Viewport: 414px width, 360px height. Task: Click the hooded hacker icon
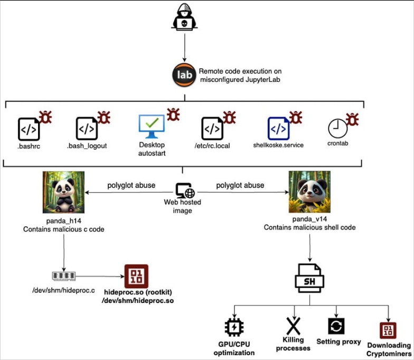(184, 17)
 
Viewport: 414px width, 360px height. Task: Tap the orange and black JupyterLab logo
(184, 75)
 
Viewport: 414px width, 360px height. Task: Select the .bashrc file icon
(29, 129)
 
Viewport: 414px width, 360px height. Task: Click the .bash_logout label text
(87, 146)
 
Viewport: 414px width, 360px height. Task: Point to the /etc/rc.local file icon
(212, 129)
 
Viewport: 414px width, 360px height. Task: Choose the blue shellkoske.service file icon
(279, 128)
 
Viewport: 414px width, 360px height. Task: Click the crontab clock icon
(338, 128)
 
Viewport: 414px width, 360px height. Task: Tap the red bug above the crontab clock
(352, 119)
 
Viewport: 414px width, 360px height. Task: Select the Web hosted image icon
(185, 190)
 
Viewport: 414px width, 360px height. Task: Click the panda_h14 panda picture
(63, 192)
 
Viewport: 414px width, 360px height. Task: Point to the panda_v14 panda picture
(309, 192)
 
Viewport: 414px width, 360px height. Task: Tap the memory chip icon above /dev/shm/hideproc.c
(63, 276)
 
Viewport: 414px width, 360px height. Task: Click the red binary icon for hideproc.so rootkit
(136, 276)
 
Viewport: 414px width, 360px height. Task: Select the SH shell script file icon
(309, 278)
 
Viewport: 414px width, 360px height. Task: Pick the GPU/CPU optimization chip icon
(234, 327)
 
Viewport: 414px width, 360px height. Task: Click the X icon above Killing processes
(294, 326)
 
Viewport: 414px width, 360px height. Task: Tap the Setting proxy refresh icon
(336, 326)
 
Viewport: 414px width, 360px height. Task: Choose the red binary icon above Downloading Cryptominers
(388, 330)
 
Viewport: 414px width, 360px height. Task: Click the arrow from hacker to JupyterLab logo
(185, 48)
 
